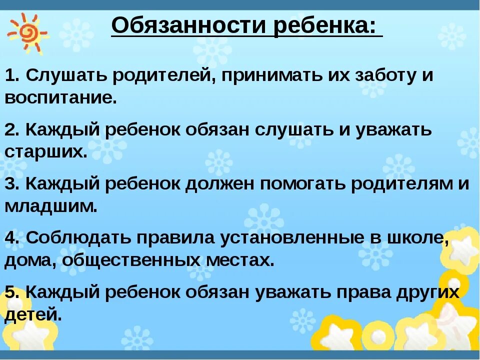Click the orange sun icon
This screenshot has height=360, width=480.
tap(26, 33)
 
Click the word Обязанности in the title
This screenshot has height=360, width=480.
tap(190, 25)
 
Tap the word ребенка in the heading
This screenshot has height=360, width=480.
tap(325, 25)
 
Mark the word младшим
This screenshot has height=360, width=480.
tap(50, 205)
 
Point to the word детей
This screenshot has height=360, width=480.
tap(33, 314)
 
